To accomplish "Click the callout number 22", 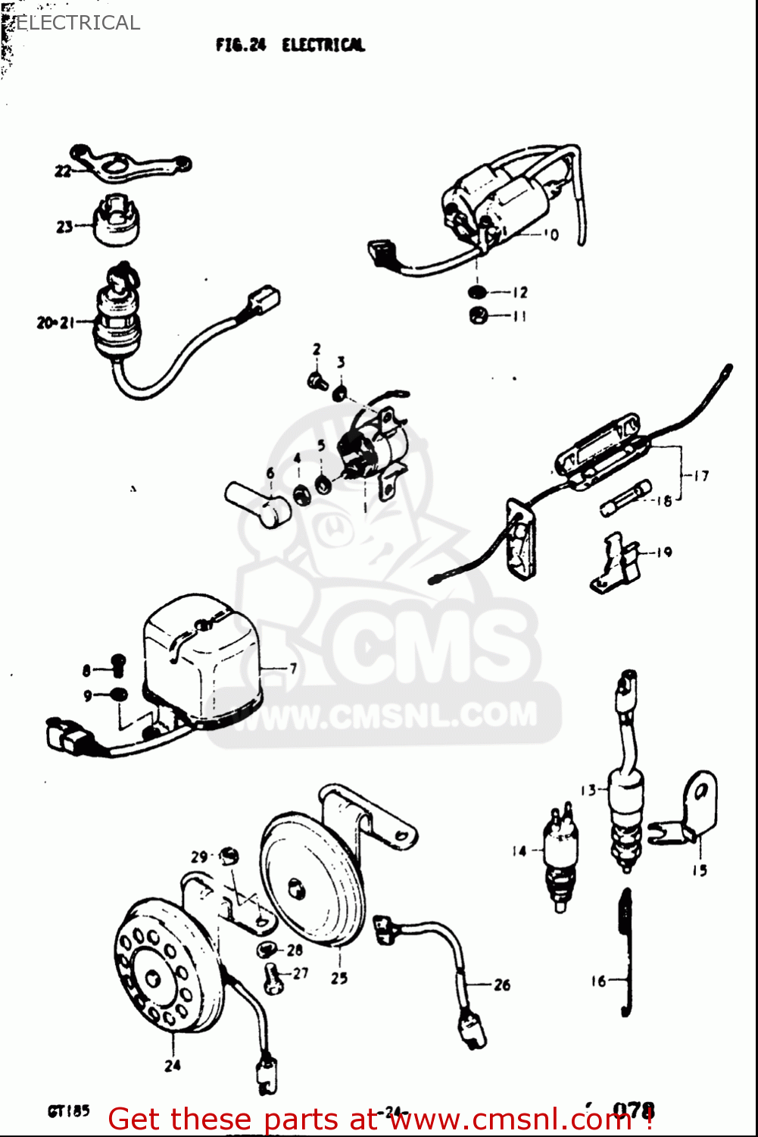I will coord(62,171).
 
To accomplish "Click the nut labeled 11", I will coord(478,315).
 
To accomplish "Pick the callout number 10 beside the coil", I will coord(551,234).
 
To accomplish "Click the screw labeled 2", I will coord(318,379).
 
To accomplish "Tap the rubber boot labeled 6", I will coord(260,503).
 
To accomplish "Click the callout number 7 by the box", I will coord(293,668).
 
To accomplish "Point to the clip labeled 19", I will coord(615,563).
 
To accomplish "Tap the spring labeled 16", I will coord(625,951).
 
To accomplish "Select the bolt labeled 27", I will coord(273,978).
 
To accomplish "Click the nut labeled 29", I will coord(228,857).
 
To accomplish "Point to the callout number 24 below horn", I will coord(173,1065).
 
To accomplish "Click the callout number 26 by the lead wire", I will coord(502,985).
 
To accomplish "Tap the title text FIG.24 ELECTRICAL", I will coord(290,45).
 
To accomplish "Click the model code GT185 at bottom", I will coord(68,1111).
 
